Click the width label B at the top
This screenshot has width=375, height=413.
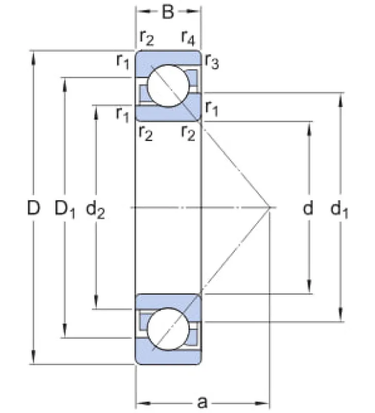click(x=168, y=11)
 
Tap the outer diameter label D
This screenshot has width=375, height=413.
click(x=34, y=208)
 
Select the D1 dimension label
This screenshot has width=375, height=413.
click(x=65, y=210)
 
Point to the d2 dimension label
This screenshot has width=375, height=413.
click(x=95, y=210)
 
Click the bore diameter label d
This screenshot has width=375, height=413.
click(x=308, y=208)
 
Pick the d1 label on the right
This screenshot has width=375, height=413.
click(x=339, y=210)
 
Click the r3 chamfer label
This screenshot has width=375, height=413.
click(x=212, y=61)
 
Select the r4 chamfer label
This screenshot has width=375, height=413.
click(x=189, y=38)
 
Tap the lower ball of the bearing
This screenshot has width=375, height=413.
click(x=168, y=329)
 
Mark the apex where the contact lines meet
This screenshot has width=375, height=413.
click(x=270, y=208)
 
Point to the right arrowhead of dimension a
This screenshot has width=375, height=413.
click(x=263, y=403)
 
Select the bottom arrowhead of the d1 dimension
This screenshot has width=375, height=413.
click(x=341, y=314)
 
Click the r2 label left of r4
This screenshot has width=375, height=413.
click(x=147, y=38)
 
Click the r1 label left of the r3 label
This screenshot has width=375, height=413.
click(x=123, y=61)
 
